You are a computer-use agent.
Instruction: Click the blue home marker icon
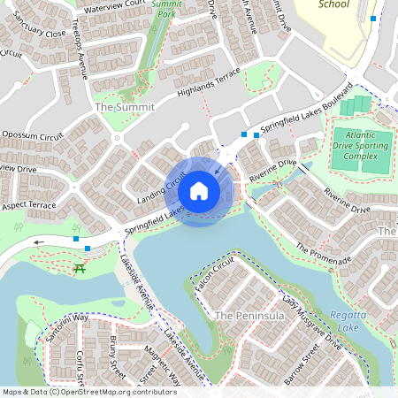[199, 191]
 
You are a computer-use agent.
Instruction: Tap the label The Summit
[124, 107]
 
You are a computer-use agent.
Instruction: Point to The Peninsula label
[241, 315]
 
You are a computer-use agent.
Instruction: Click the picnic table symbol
[80, 269]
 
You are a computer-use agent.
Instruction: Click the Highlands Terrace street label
[209, 82]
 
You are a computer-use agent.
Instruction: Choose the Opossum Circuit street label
[33, 135]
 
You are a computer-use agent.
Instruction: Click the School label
[333, 4]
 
